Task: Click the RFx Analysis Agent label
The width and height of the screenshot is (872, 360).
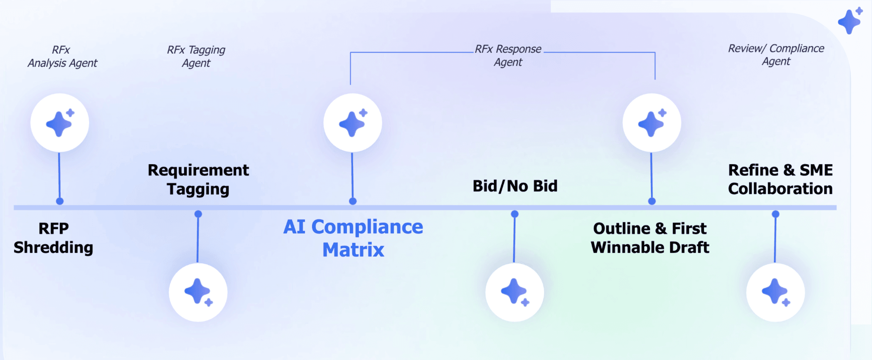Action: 62,57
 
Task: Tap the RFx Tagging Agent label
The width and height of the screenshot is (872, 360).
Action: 196,57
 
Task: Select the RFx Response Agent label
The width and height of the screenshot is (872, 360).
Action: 508,56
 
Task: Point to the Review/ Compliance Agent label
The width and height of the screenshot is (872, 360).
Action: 776,55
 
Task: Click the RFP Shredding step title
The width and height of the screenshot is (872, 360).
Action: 54,238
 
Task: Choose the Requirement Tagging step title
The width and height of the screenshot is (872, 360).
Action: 198,179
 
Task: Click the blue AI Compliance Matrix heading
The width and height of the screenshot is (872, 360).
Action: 353,238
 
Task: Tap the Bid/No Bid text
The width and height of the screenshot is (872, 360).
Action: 515,186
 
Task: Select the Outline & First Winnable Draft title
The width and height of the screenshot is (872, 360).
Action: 649,238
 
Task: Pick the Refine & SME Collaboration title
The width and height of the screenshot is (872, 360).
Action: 780,179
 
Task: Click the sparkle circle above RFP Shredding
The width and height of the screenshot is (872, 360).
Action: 60,123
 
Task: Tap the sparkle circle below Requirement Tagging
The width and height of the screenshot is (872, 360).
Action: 198,292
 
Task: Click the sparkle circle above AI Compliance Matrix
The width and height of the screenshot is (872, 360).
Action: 353,123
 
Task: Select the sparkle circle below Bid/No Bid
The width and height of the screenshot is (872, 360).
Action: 514,292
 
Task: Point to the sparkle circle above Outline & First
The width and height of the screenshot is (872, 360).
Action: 651,123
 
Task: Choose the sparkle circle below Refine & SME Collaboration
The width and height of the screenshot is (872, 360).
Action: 775,292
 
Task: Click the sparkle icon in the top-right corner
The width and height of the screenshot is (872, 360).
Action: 850,21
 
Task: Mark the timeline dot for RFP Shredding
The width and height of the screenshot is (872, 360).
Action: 60,201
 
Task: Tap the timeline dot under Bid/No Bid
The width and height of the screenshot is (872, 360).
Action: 514,214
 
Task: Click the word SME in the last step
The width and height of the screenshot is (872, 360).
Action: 816,170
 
